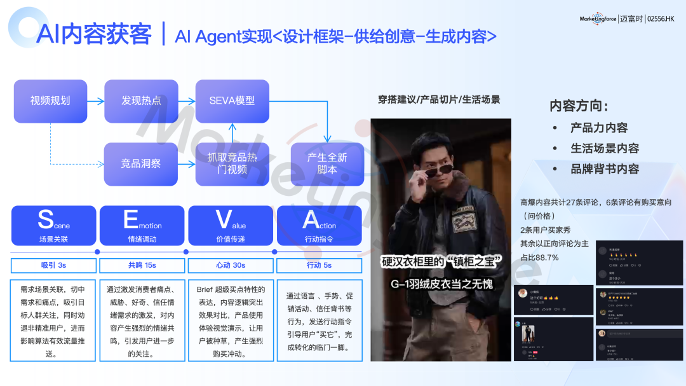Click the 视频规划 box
(x=50, y=101)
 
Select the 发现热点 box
(x=141, y=101)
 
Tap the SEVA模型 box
(x=232, y=101)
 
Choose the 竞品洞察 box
(x=141, y=164)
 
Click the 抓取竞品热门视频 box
(x=232, y=164)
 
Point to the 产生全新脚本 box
(x=327, y=164)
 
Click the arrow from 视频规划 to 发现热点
(x=95, y=101)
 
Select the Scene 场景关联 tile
(x=53, y=225)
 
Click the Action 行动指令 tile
(x=319, y=225)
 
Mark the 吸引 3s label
(x=53, y=265)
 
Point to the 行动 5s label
(x=319, y=265)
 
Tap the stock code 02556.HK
(x=661, y=19)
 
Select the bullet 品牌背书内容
(x=604, y=169)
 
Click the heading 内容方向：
(x=579, y=106)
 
